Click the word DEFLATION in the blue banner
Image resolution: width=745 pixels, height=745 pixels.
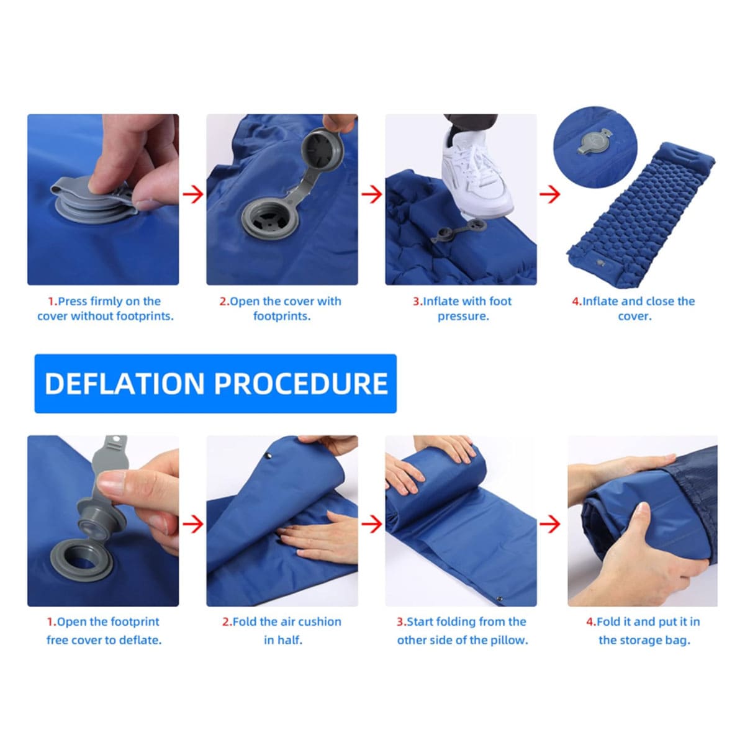click(125, 384)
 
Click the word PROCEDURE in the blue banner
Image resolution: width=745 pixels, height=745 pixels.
click(300, 384)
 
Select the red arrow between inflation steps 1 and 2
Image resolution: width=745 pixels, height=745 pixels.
click(193, 194)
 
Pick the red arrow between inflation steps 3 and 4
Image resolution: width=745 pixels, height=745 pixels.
click(550, 194)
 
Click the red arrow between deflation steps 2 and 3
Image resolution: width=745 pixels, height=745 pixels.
click(371, 524)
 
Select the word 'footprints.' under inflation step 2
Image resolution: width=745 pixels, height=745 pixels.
click(282, 316)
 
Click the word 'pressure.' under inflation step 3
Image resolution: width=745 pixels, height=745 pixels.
click(463, 316)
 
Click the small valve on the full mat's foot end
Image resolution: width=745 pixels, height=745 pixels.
click(600, 263)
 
